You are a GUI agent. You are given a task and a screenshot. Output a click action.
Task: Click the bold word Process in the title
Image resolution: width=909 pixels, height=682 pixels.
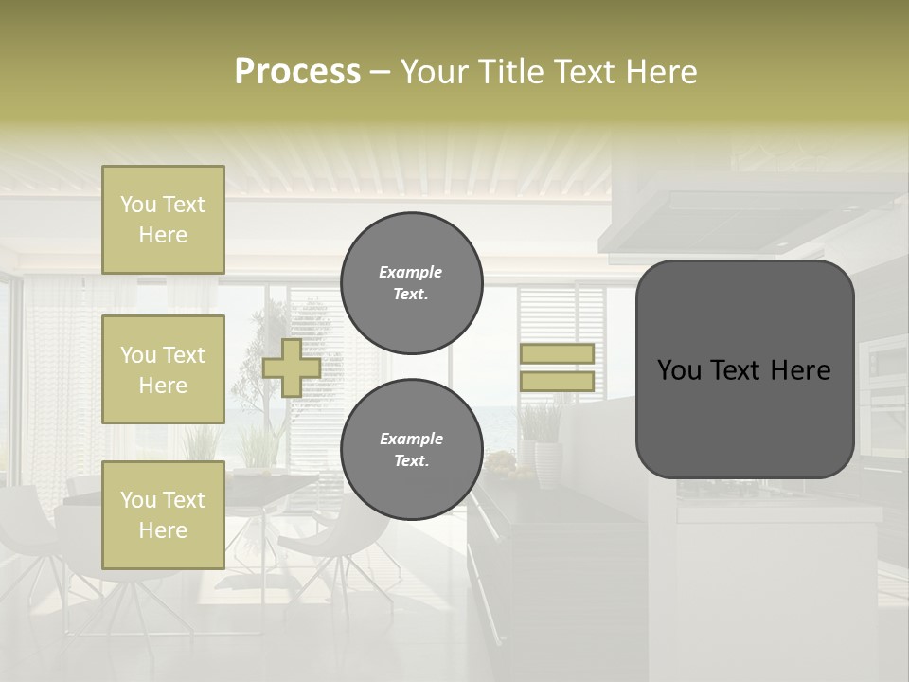(x=297, y=72)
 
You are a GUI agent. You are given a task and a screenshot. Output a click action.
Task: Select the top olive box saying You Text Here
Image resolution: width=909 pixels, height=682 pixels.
(x=163, y=220)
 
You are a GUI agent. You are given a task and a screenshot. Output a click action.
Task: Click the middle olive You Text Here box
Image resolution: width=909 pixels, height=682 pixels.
(x=163, y=369)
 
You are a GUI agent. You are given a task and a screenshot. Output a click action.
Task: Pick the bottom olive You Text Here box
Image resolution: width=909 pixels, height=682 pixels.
(x=163, y=514)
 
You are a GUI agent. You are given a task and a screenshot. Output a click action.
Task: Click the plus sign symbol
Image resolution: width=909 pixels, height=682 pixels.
(x=292, y=368)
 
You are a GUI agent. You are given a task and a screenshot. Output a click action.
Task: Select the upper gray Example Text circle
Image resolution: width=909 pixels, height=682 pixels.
(x=411, y=282)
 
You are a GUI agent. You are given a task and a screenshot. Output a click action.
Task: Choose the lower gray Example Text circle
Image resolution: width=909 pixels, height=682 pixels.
(x=411, y=449)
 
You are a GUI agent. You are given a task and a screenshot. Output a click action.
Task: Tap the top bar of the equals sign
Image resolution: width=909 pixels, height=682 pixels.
(x=557, y=353)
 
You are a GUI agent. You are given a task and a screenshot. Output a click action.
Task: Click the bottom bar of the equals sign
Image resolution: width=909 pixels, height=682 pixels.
(x=557, y=381)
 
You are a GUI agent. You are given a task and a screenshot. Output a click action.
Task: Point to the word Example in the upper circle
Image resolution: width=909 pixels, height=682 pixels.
(x=411, y=272)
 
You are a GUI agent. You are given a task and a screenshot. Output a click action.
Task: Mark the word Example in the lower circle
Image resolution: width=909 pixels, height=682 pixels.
(x=411, y=439)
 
